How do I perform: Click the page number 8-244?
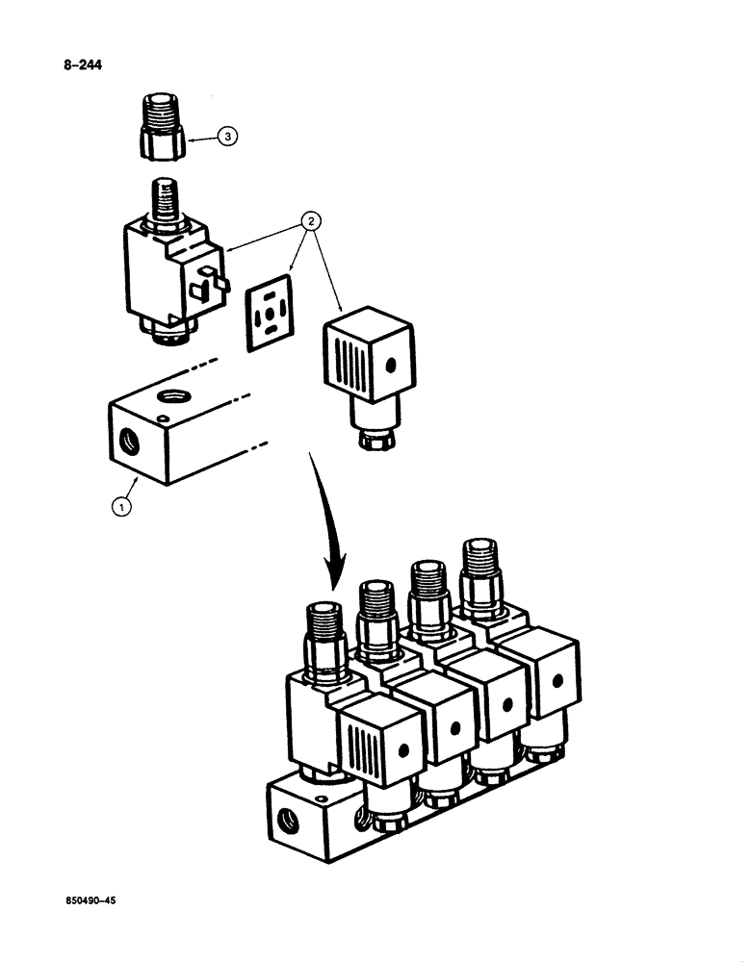(82, 66)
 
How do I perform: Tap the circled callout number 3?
(226, 139)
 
